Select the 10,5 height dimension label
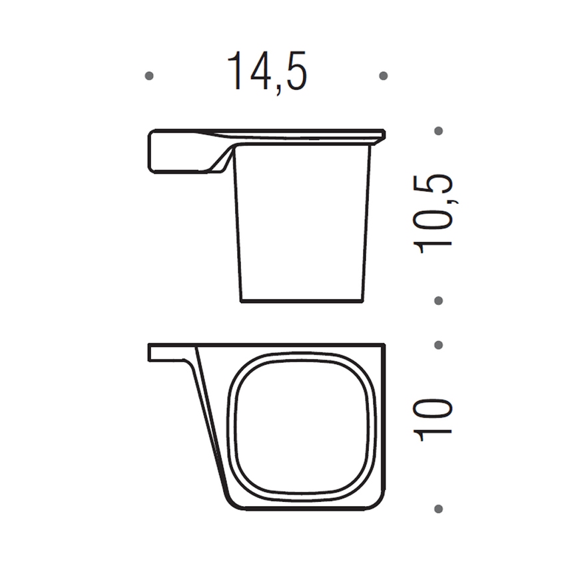(433, 214)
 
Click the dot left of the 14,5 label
(149, 76)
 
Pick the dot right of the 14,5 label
(383, 76)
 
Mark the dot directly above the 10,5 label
(438, 131)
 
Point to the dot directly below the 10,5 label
(438, 300)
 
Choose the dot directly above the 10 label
(438, 345)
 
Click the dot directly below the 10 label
(438, 509)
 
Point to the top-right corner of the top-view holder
(384, 346)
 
